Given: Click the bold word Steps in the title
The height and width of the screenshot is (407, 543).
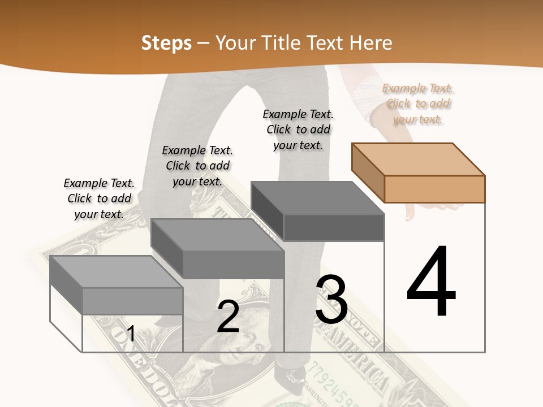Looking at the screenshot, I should (166, 43).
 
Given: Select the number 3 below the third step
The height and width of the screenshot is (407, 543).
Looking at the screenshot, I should (331, 300).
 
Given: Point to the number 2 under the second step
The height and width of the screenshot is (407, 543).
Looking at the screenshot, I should (228, 317).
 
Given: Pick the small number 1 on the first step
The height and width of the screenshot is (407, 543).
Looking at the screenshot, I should (131, 334).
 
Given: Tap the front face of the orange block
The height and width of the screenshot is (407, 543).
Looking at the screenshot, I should (434, 189).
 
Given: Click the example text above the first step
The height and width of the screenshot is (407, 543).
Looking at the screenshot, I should (99, 198).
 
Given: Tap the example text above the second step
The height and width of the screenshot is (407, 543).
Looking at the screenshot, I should (197, 166).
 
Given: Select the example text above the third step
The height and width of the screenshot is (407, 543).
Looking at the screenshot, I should (298, 129).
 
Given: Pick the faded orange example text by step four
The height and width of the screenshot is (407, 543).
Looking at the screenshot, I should (418, 103).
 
